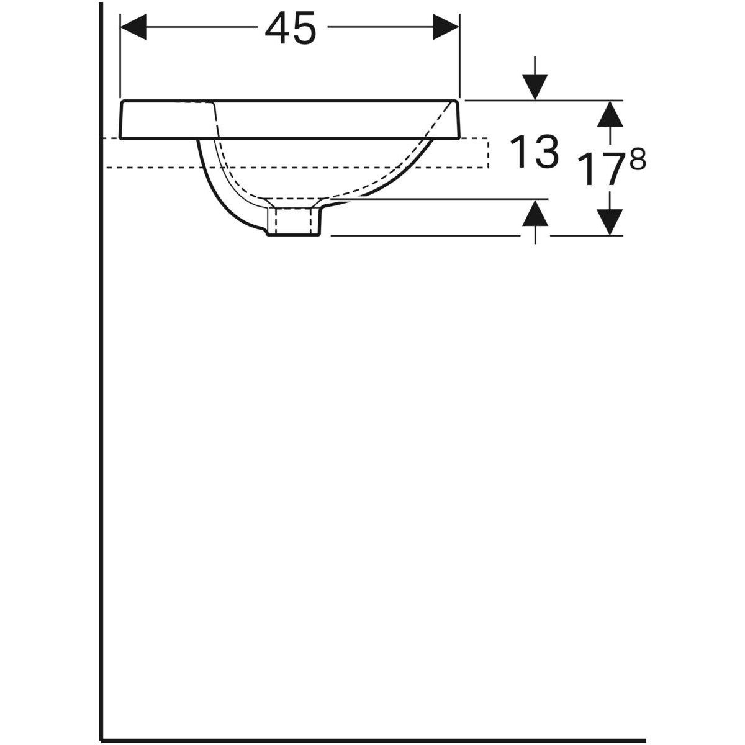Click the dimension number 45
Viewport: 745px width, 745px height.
289,30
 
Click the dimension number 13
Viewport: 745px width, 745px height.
533,153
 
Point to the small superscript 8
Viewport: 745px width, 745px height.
638,161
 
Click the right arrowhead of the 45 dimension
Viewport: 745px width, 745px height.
446,27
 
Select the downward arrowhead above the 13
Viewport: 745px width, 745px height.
535,86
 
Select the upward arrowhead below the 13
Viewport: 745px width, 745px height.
535,215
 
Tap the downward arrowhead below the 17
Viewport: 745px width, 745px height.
612,221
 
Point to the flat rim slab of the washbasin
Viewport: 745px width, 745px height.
168,120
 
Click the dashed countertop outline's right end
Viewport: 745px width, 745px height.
489,153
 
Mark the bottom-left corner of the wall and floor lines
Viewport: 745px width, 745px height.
100,739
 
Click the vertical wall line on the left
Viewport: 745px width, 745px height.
99,404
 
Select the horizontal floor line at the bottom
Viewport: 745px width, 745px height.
372,740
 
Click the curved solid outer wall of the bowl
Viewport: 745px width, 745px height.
214,186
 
